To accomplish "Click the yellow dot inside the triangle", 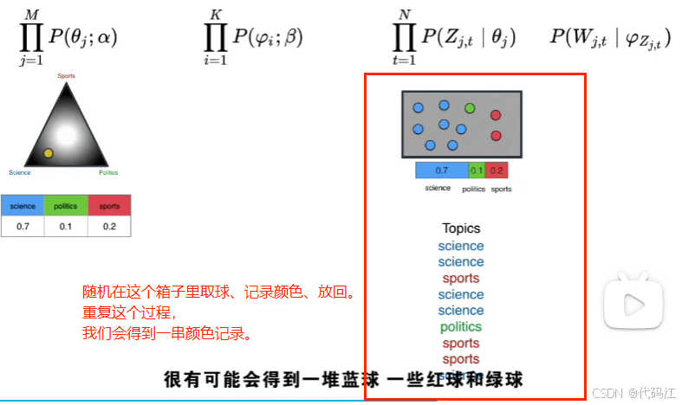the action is (49, 153).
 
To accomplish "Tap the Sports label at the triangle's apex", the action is (66, 76).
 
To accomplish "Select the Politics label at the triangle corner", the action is (108, 173).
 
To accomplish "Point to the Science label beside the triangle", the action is (20, 173).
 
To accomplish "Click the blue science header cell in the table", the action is (23, 206).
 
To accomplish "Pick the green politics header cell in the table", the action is (66, 206).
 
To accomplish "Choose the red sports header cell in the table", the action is (109, 206).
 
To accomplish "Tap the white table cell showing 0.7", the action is (23, 226).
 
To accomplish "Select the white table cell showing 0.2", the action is (109, 226).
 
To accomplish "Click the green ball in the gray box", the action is (470, 108).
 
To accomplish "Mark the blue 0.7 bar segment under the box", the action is (441, 170).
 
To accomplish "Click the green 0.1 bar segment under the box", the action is (477, 170).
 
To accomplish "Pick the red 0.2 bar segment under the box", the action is (497, 170).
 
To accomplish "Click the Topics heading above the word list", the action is (461, 228).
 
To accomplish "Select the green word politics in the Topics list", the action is (461, 327).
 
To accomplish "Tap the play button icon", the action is (634, 304).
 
